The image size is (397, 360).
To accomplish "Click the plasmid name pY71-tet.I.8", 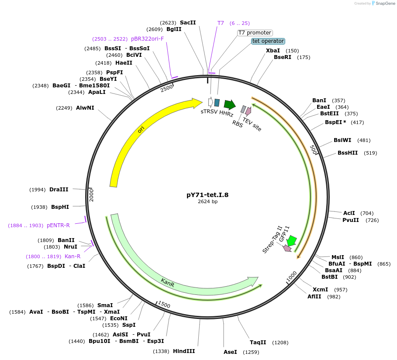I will click(207, 195).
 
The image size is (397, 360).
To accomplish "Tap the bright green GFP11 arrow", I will click(291, 241).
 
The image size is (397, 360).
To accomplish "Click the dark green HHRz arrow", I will click(229, 104).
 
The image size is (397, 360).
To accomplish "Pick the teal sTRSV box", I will click(217, 103).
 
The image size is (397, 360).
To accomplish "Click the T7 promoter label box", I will click(255, 33).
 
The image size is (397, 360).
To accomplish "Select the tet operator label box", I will click(268, 41).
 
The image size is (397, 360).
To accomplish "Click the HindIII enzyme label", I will click(184, 351).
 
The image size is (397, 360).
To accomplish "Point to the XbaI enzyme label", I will click(273, 51).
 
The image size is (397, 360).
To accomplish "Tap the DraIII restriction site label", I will click(59, 189).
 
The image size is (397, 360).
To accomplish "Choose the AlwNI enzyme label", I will click(85, 107).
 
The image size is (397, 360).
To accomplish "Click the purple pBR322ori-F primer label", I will click(147, 38).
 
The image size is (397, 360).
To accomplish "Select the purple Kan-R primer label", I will click(72, 256).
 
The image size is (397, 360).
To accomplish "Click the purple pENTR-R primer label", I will click(58, 225).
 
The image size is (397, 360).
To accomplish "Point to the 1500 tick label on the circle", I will click(164, 304).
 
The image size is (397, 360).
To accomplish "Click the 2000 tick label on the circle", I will click(92, 195).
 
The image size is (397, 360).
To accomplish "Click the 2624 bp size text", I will click(207, 202).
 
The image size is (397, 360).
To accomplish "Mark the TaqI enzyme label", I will click(258, 342).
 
